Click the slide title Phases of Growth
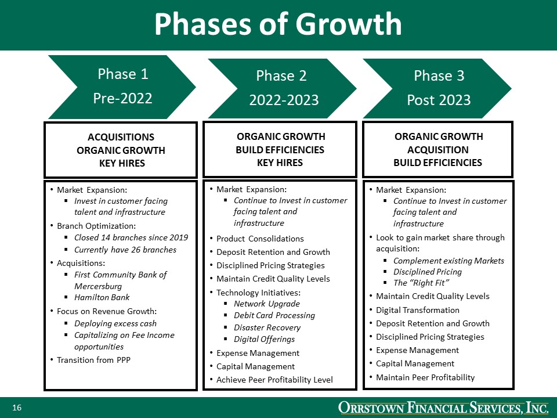(x=278, y=24)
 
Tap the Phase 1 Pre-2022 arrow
(x=122, y=87)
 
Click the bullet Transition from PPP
(x=93, y=360)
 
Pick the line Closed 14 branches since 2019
(x=131, y=237)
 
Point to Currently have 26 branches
(x=125, y=250)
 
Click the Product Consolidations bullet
(x=260, y=239)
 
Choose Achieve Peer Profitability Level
(x=274, y=380)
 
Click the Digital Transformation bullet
(x=417, y=310)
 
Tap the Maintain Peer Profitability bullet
(x=425, y=377)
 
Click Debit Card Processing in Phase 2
(x=274, y=315)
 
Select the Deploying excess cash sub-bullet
(x=115, y=323)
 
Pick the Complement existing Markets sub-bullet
(x=449, y=261)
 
